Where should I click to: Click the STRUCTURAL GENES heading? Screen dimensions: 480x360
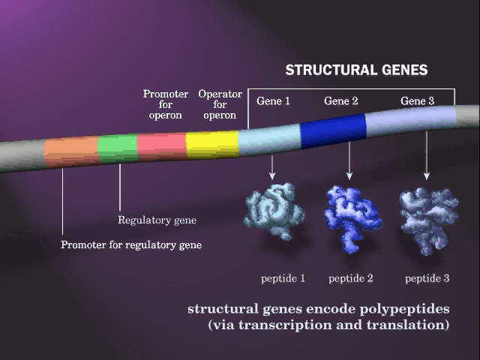point(357,70)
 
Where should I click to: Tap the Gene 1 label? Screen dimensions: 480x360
point(273,101)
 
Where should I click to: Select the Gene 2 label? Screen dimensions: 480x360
point(341,101)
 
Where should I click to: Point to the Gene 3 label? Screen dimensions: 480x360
point(417,101)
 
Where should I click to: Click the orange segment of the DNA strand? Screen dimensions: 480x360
point(72,151)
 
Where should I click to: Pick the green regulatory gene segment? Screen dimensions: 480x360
point(118,148)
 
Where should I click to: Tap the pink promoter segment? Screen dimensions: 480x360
point(162,146)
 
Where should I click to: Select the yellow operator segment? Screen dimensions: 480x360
point(212,145)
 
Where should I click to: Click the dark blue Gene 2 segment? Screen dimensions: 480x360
point(333,131)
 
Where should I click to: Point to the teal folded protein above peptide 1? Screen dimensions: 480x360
point(274,211)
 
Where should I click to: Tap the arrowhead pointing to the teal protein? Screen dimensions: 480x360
point(272,176)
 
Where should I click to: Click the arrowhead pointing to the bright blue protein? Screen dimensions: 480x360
point(349,175)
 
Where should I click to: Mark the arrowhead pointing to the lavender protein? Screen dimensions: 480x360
point(427,175)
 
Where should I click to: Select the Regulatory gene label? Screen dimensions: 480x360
point(157,220)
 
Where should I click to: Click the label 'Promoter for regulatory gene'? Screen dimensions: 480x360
point(131,245)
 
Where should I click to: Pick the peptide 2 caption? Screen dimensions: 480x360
point(351,278)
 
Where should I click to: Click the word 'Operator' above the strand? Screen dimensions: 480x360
point(220,94)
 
